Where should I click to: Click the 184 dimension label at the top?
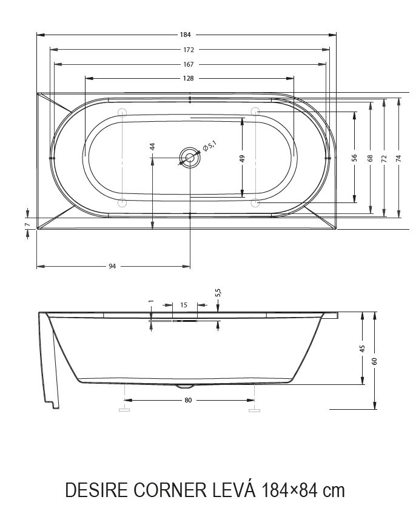point(185,35)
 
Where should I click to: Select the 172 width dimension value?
point(189,50)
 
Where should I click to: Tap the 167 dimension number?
point(189,64)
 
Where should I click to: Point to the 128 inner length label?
point(189,78)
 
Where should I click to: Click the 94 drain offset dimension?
point(112,266)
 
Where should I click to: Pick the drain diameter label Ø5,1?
point(210,146)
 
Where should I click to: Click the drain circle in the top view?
point(190,158)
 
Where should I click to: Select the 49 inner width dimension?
point(242,158)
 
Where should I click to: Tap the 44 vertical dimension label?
point(152,147)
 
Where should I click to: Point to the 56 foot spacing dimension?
point(355,158)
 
